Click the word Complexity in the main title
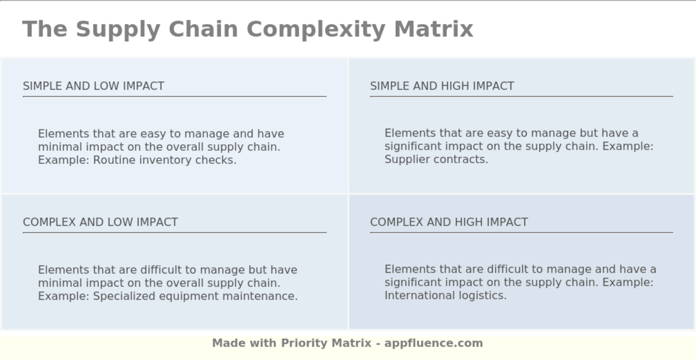click(316, 29)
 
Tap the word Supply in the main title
click(118, 29)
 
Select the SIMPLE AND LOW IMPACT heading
click(93, 86)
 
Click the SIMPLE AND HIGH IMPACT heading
click(442, 86)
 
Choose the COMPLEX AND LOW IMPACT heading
click(100, 222)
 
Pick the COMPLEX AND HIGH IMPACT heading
click(449, 222)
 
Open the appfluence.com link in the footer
click(434, 343)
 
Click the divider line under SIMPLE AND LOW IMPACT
click(174, 96)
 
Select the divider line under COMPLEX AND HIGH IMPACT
click(521, 232)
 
